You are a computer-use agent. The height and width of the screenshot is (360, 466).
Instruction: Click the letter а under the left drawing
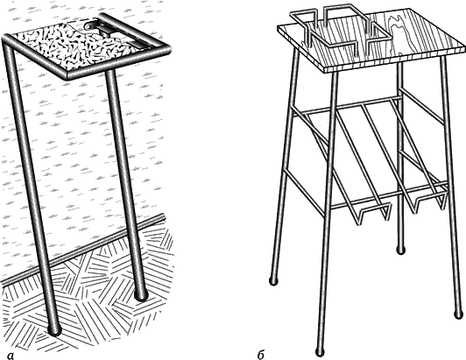click(11, 356)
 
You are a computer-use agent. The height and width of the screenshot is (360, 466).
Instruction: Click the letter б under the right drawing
click(261, 355)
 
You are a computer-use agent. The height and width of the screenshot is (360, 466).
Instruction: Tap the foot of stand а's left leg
click(54, 329)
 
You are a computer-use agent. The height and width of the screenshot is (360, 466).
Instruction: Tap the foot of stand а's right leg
click(141, 295)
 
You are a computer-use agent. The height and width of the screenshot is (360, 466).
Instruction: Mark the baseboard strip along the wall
click(82, 248)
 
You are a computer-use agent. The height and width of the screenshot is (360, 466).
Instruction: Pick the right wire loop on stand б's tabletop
click(357, 27)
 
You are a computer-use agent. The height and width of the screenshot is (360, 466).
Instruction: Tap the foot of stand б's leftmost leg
click(272, 280)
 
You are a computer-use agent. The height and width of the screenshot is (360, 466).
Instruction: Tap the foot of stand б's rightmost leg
click(459, 314)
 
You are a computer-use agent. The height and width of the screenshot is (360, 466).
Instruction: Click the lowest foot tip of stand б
click(320, 350)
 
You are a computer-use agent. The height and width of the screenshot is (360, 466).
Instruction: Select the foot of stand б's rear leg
click(401, 250)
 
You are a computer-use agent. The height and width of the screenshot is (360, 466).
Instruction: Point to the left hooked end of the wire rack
click(373, 213)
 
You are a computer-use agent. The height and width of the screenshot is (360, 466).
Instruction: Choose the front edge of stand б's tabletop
click(394, 60)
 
